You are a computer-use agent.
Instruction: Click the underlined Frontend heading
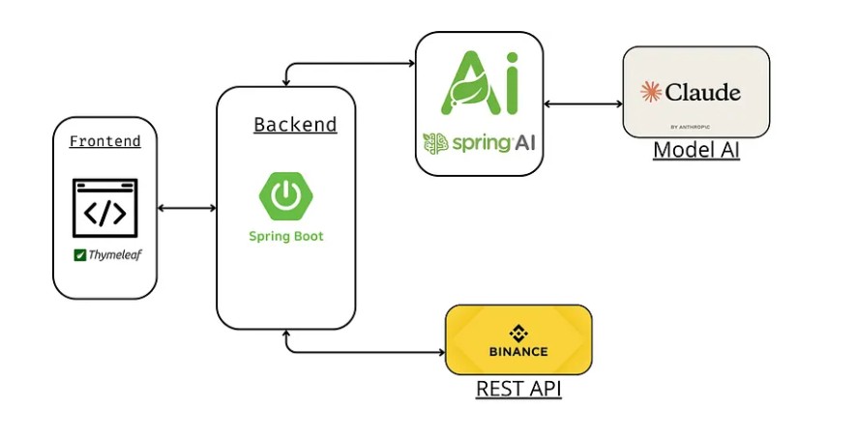click(x=105, y=141)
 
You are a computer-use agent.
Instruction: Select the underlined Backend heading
click(x=295, y=125)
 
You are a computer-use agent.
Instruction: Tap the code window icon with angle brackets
click(x=105, y=208)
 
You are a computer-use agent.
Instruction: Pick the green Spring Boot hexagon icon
click(x=285, y=196)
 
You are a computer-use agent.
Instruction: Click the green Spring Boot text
click(x=286, y=236)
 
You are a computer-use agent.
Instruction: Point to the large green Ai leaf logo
click(x=480, y=82)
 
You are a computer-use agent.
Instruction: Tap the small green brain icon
click(x=435, y=144)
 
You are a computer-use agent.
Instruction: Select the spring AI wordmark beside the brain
click(x=492, y=143)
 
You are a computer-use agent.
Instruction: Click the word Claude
click(x=703, y=92)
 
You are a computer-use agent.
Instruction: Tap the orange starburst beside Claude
click(x=651, y=92)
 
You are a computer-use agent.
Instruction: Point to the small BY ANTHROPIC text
click(x=690, y=127)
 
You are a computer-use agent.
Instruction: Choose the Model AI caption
click(x=696, y=150)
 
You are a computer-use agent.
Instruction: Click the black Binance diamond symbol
click(x=518, y=333)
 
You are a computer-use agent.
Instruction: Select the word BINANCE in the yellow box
click(x=518, y=352)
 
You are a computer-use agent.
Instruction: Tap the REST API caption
click(x=518, y=389)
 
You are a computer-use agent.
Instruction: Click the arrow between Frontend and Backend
click(x=187, y=208)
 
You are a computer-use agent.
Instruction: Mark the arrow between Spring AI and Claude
click(x=583, y=103)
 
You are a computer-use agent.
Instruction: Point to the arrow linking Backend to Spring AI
click(x=340, y=64)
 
